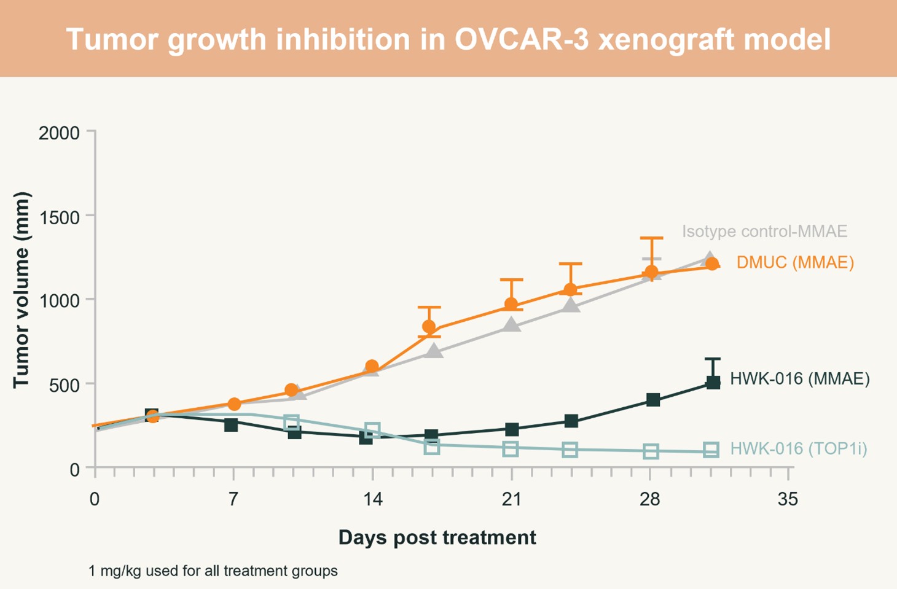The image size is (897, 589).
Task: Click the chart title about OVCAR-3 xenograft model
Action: coord(448,39)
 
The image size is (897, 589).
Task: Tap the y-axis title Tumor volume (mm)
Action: coord(22,290)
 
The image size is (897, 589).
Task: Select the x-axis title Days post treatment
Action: coord(437,537)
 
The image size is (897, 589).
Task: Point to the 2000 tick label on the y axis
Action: coord(59,133)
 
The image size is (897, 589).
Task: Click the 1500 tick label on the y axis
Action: coord(59,217)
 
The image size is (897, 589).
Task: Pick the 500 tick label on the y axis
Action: coord(64,386)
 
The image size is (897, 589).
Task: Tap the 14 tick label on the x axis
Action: coord(372,499)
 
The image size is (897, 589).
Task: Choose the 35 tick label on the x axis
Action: coord(788,499)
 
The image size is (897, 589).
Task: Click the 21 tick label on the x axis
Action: coord(511,499)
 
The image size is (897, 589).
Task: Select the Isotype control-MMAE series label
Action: coord(764,232)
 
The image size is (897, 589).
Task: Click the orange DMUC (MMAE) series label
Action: coord(795,263)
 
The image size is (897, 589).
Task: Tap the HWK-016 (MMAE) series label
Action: coord(799,379)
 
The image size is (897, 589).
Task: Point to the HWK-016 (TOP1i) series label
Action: coord(798,449)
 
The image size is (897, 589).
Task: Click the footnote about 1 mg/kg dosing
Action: coord(213,571)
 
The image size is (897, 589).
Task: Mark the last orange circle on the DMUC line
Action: coord(712,264)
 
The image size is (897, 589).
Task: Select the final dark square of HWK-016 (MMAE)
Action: coord(713,383)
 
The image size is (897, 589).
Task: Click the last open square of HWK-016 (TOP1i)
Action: coord(711,450)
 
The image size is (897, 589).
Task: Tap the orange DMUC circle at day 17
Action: coord(429,327)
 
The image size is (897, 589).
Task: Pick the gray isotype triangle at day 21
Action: coord(511,325)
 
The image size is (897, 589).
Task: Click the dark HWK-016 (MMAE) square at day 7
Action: coord(231,424)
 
